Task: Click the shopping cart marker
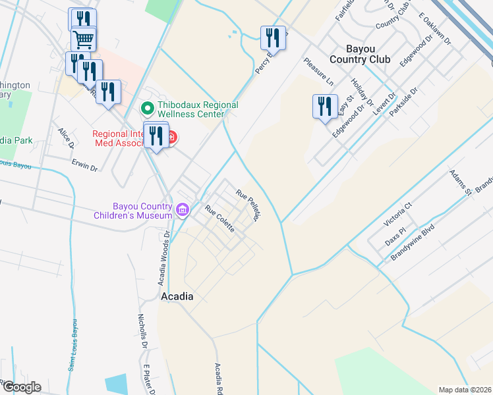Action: coord(84,39)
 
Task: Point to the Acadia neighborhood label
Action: coord(177,297)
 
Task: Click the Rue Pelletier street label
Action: coord(250,205)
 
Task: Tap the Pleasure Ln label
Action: coord(318,72)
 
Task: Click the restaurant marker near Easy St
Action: coord(324,107)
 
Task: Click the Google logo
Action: coord(21,387)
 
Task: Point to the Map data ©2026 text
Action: coord(465,390)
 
